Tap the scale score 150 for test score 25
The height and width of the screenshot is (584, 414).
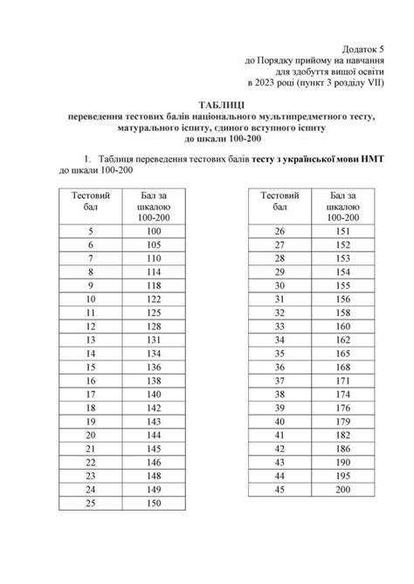click(153, 505)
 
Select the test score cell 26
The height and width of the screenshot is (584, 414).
click(279, 230)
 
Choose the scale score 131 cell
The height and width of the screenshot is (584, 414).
click(153, 340)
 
